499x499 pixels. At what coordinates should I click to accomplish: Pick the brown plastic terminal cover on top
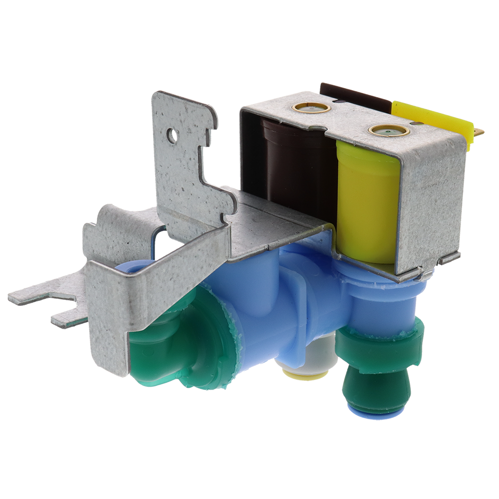click(x=354, y=95)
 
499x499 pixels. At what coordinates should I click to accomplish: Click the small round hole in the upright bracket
click(x=173, y=134)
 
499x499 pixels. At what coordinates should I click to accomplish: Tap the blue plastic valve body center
click(x=279, y=309)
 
